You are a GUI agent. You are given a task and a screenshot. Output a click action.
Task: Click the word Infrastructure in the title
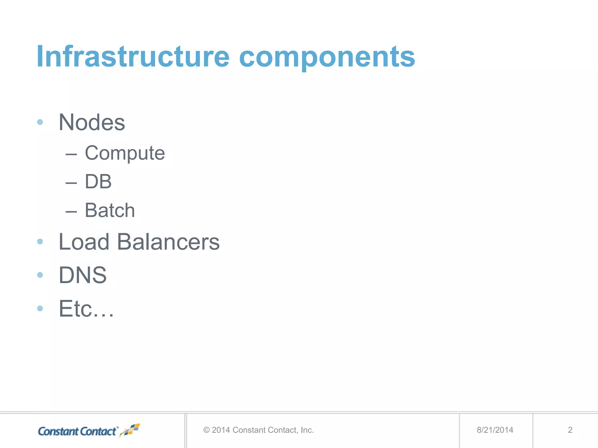[133, 57]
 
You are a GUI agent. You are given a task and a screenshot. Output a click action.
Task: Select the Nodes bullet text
[92, 123]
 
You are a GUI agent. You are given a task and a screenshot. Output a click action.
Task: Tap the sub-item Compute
[125, 153]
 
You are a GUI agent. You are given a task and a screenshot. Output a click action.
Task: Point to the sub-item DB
[98, 182]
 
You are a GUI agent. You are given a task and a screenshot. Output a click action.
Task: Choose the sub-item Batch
[110, 210]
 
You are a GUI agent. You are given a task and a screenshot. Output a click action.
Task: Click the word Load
[84, 242]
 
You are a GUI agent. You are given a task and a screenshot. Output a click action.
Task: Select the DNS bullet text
[83, 275]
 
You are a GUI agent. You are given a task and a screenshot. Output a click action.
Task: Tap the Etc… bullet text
[86, 309]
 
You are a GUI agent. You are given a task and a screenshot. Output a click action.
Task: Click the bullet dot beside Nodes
[40, 122]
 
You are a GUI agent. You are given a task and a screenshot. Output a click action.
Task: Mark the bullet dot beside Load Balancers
[40, 242]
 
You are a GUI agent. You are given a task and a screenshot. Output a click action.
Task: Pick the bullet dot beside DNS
[40, 275]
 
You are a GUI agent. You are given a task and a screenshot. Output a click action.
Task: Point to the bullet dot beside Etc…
[40, 308]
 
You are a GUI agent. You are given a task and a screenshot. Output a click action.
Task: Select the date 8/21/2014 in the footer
[495, 430]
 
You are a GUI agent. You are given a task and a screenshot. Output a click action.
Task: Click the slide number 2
[570, 430]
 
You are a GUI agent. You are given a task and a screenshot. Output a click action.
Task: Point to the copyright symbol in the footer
[206, 430]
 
